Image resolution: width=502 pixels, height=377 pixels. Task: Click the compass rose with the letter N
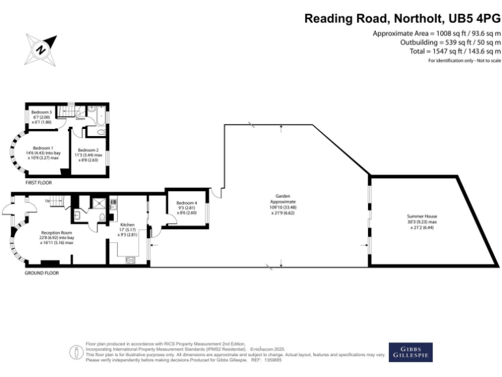(41, 48)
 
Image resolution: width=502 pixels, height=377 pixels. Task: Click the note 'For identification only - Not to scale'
(464, 60)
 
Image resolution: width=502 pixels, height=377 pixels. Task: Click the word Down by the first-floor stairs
(80, 118)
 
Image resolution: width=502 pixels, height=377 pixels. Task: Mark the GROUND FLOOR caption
(42, 273)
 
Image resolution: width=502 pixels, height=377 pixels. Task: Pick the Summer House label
(422, 216)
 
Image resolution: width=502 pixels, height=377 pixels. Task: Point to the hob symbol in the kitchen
(130, 260)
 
